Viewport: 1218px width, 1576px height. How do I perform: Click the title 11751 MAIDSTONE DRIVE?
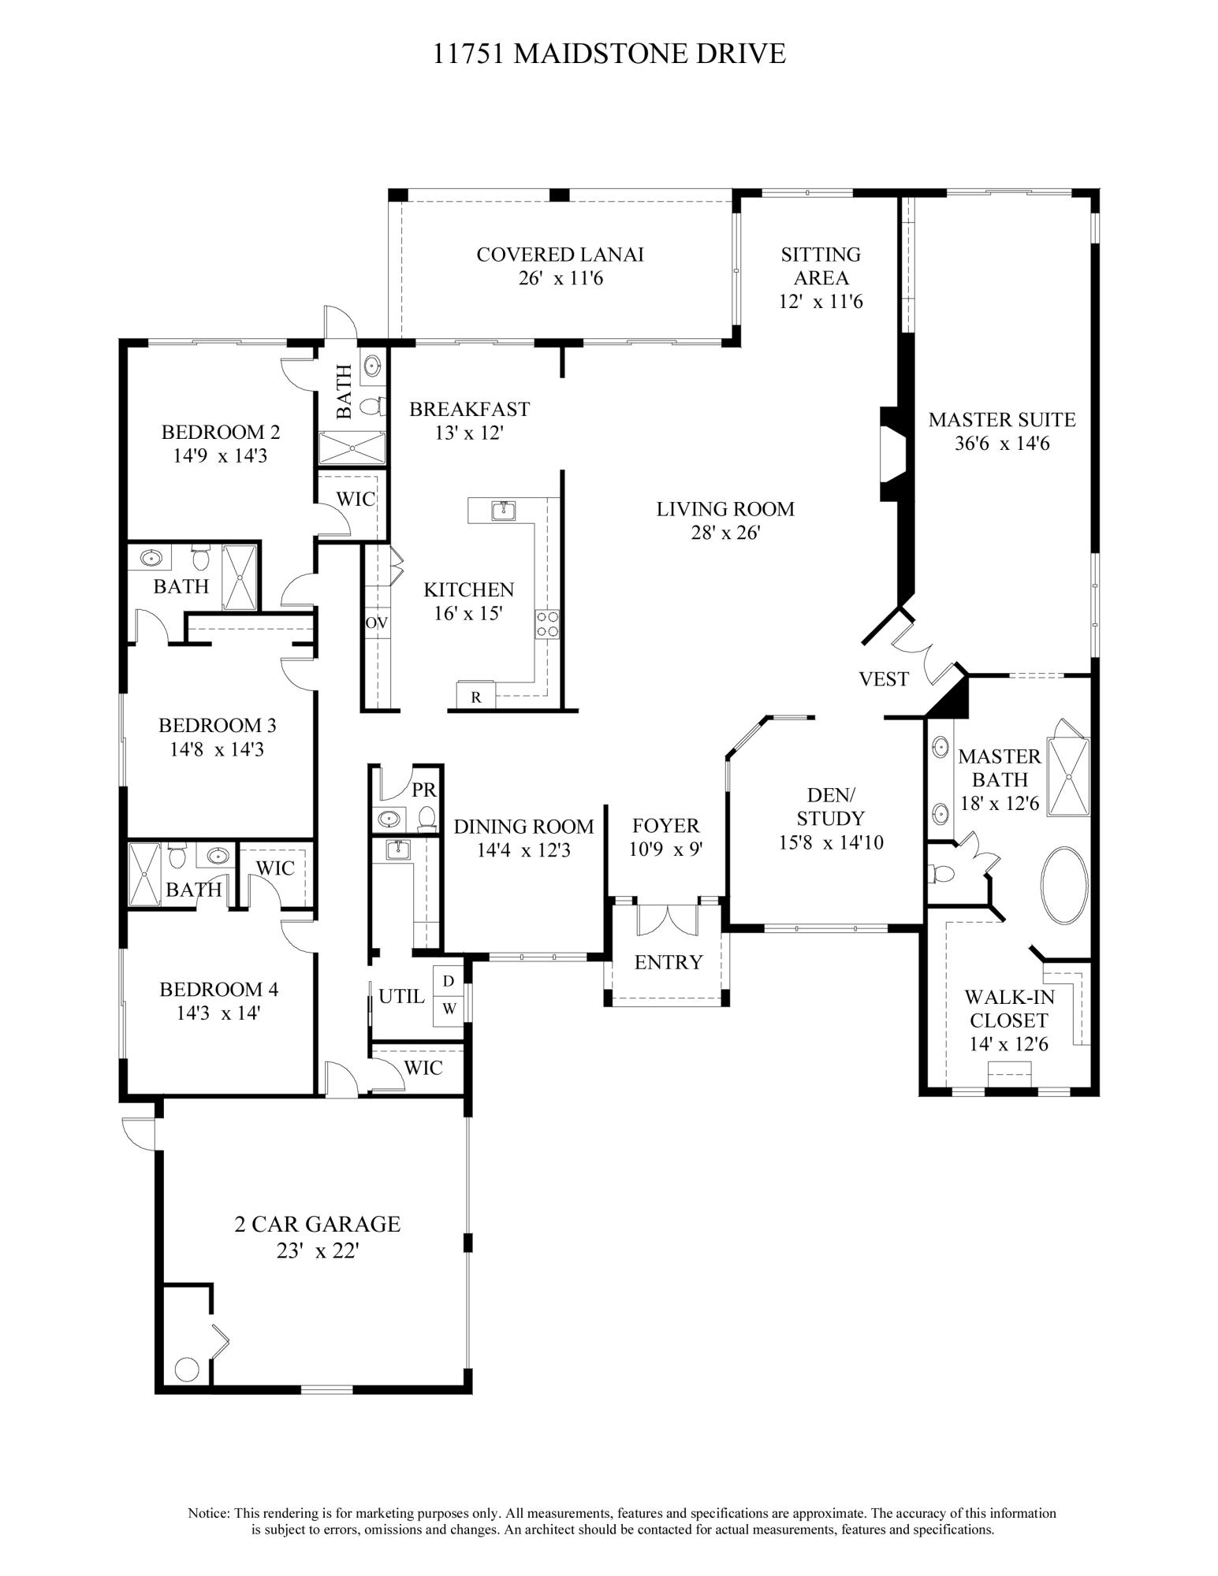tap(609, 54)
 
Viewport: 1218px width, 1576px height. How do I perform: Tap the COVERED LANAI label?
tap(560, 255)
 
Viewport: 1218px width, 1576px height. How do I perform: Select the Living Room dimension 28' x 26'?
tap(725, 533)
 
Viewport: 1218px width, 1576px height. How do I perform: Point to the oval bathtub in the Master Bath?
tap(1065, 885)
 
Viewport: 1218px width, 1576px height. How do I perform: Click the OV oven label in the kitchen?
tap(377, 623)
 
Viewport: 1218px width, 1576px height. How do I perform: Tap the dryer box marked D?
tap(449, 981)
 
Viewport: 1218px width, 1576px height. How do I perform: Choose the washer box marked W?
tap(449, 1009)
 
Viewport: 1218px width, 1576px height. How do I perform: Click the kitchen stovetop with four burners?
tap(548, 624)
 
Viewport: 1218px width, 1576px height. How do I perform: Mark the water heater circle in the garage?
tap(187, 1370)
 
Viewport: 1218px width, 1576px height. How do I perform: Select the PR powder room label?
tap(424, 790)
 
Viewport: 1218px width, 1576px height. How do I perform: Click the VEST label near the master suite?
tap(884, 679)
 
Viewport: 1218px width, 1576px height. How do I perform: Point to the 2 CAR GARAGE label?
tap(317, 1224)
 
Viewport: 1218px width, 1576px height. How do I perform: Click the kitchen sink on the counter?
tap(502, 511)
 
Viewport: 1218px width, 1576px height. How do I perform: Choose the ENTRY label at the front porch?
tap(669, 962)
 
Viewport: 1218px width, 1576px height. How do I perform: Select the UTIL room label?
tap(401, 996)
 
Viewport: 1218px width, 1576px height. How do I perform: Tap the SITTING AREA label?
tap(821, 266)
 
